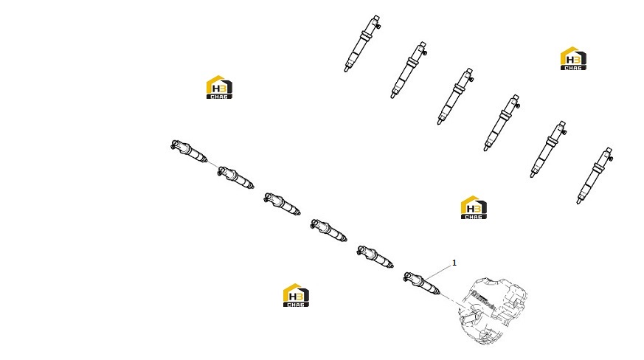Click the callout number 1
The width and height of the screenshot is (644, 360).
pos(454,263)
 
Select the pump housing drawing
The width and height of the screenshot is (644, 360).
pos(493,311)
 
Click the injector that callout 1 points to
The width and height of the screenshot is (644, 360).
pos(422,283)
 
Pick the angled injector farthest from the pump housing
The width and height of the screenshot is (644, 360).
pos(189,150)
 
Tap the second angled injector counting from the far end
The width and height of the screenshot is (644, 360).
pos(236,178)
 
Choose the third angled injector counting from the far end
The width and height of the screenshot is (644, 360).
pos(282,204)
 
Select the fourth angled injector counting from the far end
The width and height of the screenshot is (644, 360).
pos(329,231)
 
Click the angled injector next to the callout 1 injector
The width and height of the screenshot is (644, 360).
pos(375,257)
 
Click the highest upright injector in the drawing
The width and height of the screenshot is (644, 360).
pos(363,44)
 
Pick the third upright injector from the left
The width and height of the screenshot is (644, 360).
pos(455,97)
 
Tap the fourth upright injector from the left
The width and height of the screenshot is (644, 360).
pos(502,123)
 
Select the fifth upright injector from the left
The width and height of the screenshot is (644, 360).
pos(548,150)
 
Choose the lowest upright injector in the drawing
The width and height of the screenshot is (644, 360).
pos(595,176)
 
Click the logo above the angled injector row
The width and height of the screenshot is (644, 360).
pos(219,87)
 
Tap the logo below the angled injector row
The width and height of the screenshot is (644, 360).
pos(296,295)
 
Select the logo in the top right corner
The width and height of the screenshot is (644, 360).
pos(573,58)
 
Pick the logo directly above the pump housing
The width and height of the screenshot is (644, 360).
pos(474,207)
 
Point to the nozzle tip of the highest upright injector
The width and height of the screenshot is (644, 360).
pos(346,70)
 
